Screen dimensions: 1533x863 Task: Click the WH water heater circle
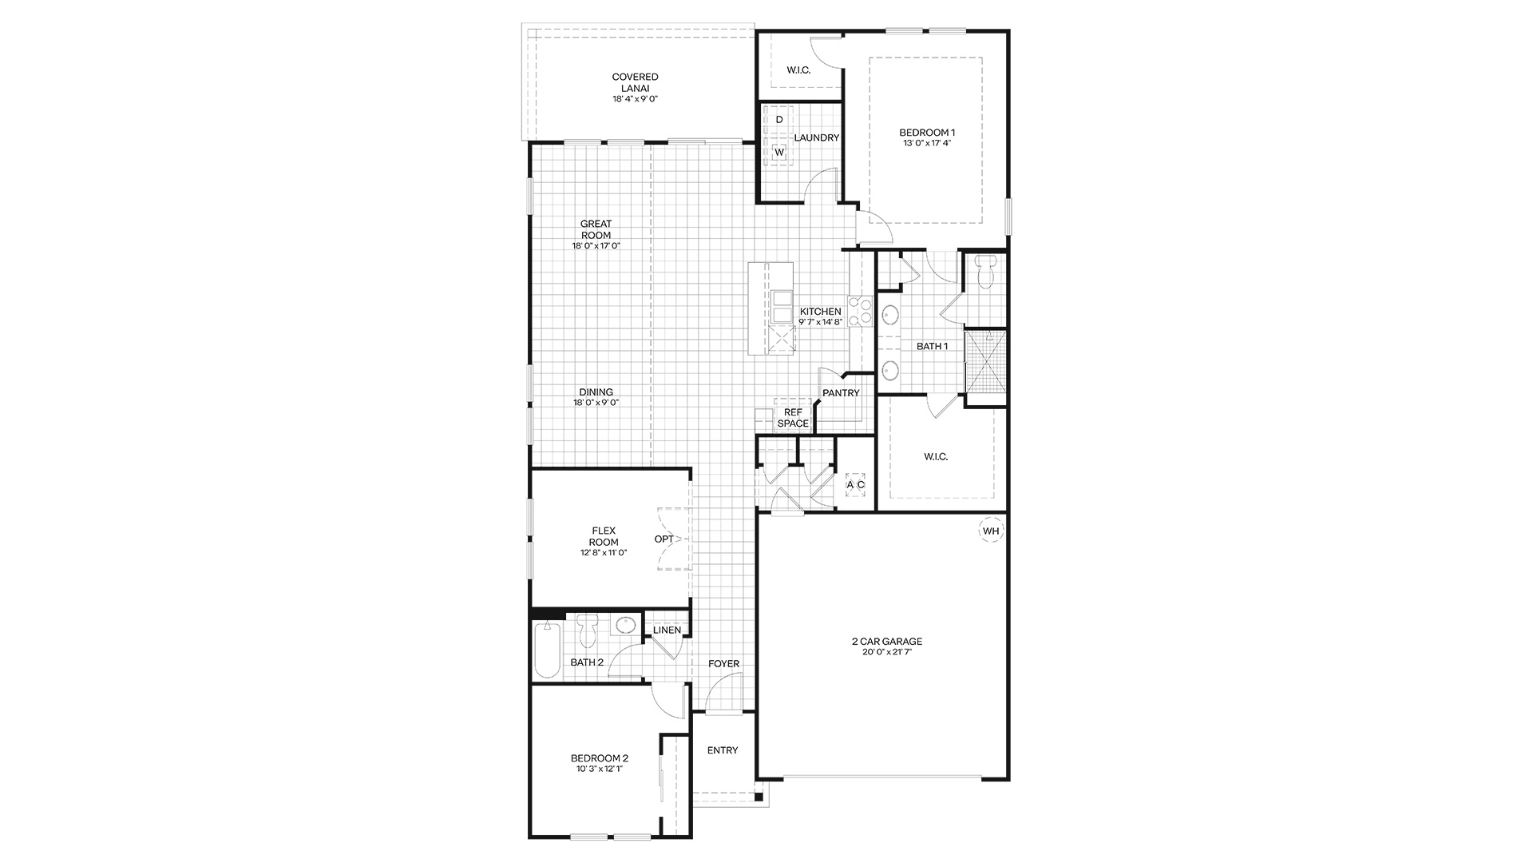coord(990,531)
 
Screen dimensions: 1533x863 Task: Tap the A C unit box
coord(855,485)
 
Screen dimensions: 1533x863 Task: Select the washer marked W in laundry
coord(779,152)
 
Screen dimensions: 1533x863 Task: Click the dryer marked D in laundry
coord(779,119)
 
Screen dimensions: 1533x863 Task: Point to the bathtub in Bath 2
coord(547,649)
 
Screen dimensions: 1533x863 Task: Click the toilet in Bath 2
coord(588,630)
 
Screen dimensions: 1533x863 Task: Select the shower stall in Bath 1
coord(985,361)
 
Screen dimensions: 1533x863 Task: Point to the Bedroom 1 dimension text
coord(927,143)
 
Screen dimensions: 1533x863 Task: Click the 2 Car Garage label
coord(886,641)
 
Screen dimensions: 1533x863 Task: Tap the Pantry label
coord(841,393)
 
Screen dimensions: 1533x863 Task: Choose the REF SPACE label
coord(793,418)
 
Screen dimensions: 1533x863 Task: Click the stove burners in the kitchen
coord(859,311)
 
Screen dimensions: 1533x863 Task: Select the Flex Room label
coord(604,537)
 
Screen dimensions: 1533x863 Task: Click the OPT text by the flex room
coord(664,539)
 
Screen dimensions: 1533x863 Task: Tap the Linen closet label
coord(667,630)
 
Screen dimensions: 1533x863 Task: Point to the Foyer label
coord(724,664)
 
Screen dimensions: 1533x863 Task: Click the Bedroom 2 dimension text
coord(599,769)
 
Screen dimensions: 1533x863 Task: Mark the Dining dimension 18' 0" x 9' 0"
coord(596,403)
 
